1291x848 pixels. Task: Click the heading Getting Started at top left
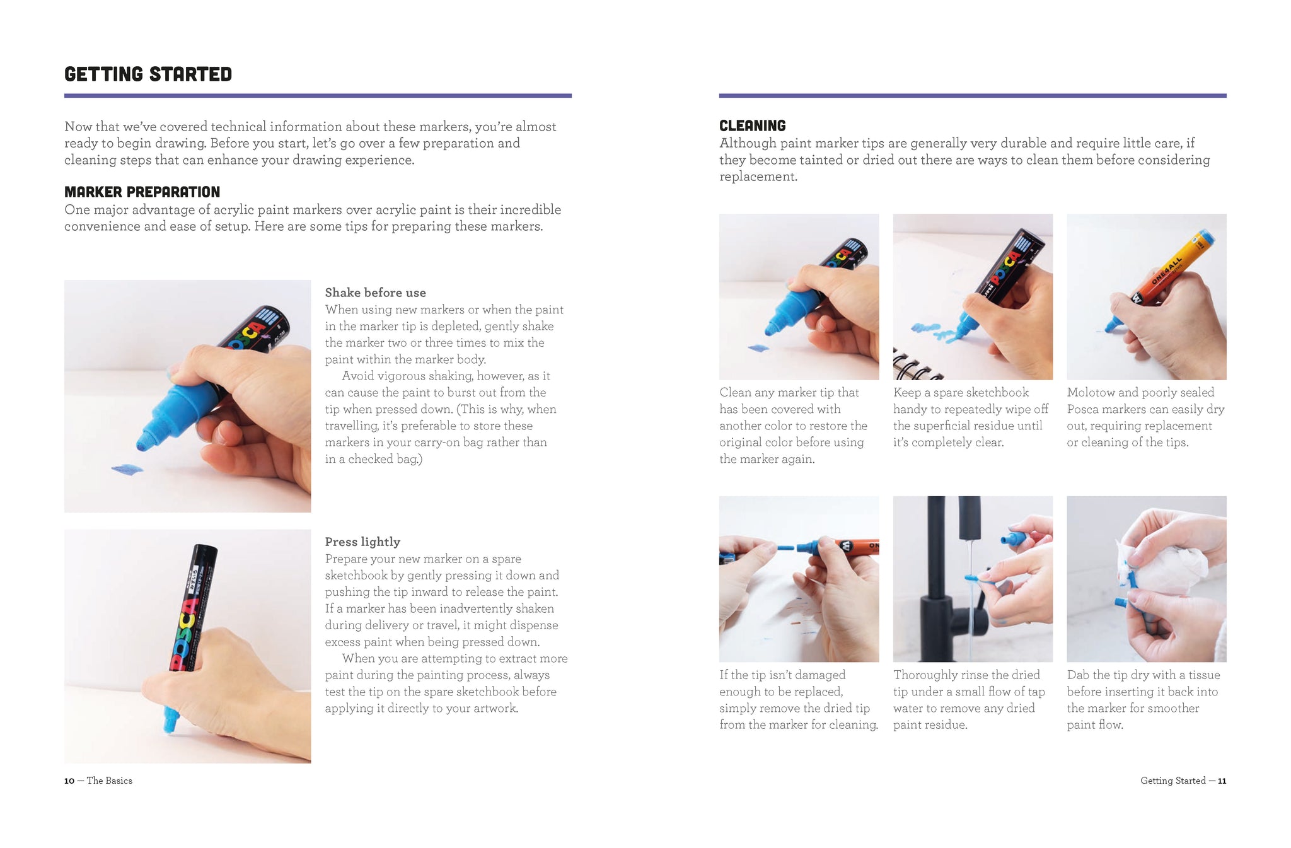[148, 74]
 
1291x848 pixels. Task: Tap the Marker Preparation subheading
[142, 192]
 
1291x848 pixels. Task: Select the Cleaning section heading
[753, 125]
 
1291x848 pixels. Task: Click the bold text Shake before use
[375, 293]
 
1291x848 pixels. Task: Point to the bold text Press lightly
[362, 542]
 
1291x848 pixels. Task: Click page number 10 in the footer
[69, 781]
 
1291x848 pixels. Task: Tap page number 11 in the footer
[1222, 781]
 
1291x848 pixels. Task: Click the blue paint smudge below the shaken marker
[127, 469]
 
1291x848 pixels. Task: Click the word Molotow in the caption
[1091, 392]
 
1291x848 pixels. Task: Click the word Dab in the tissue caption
[1079, 675]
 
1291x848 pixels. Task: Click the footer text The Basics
[110, 781]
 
